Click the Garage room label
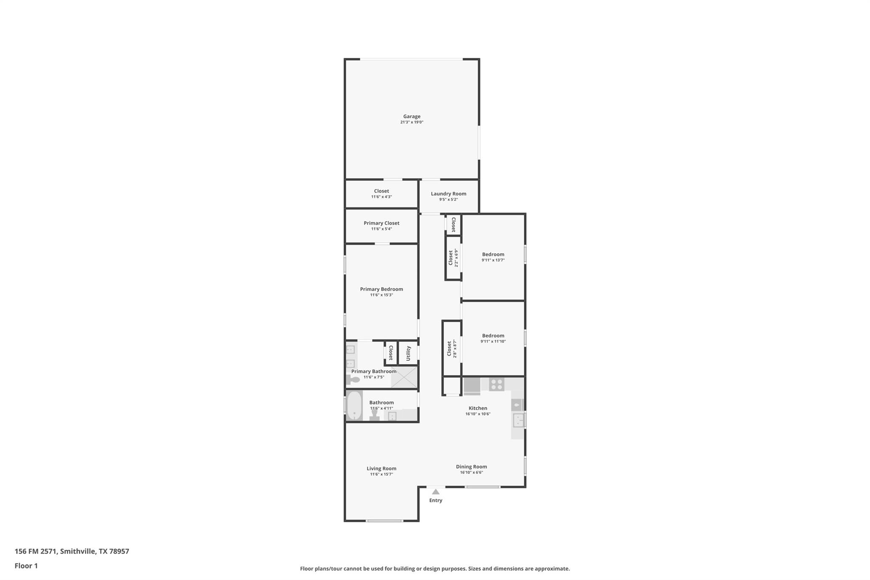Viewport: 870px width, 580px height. (412, 116)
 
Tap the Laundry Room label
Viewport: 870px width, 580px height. (448, 194)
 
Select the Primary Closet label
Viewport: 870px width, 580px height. (381, 223)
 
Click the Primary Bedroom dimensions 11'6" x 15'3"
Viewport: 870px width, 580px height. (381, 295)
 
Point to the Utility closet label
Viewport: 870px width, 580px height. (408, 353)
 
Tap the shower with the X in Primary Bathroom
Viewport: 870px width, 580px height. (404, 377)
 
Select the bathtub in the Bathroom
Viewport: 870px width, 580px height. (354, 405)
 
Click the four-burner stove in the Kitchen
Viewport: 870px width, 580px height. (496, 385)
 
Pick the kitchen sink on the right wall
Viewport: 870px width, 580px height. (518, 420)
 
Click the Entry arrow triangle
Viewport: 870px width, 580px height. (435, 492)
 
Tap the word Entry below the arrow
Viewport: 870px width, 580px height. (435, 501)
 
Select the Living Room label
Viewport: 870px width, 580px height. (381, 469)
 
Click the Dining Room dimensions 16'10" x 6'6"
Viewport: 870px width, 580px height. (471, 472)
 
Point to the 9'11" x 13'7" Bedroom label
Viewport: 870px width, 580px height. (493, 255)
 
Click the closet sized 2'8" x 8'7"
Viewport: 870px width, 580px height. (452, 348)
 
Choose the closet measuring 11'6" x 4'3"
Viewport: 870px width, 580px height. (381, 194)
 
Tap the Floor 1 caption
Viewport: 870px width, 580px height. (26, 566)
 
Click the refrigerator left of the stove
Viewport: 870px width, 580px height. (472, 386)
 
